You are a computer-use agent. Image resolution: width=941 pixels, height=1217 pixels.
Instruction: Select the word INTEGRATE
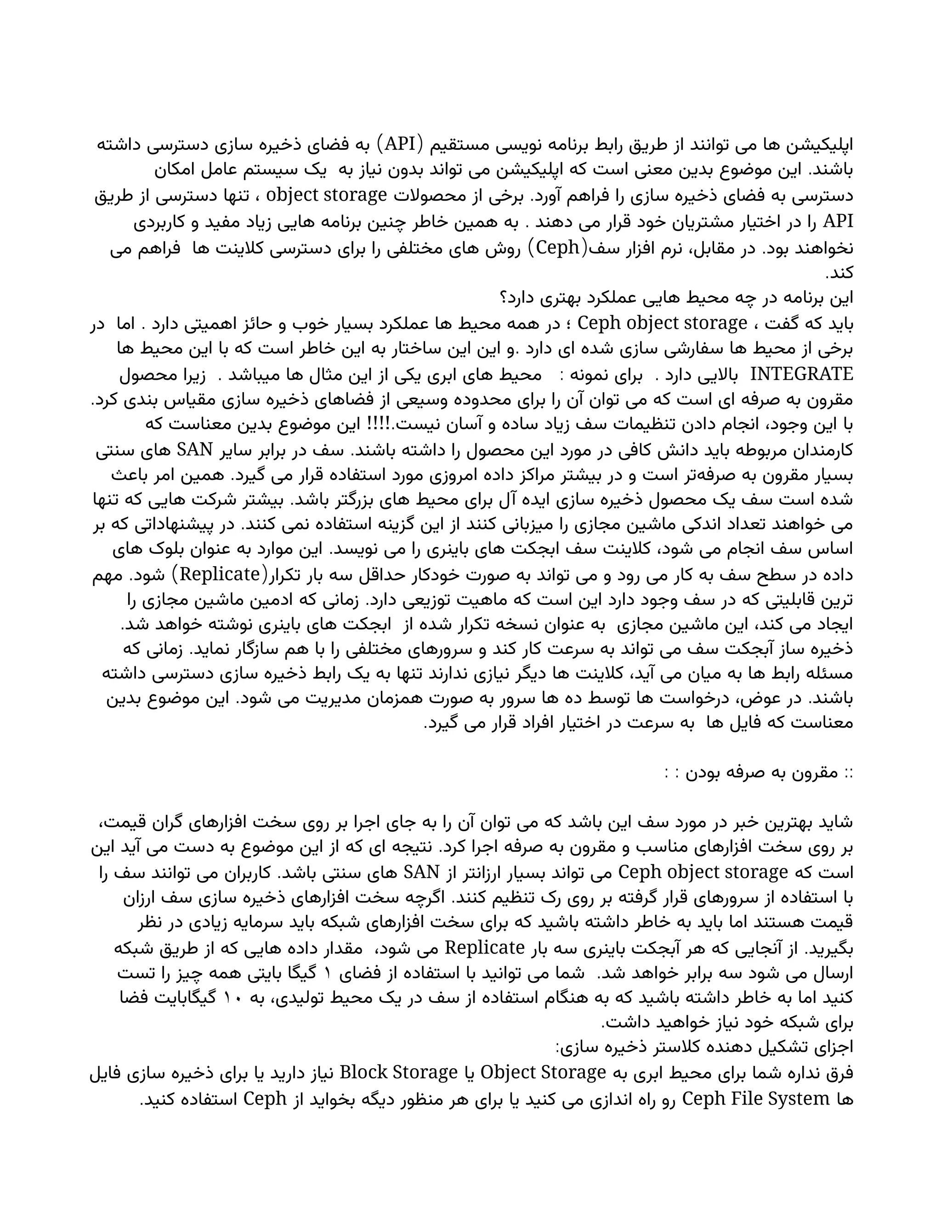pos(802,374)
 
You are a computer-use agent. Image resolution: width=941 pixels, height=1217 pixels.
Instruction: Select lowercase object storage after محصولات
pos(327,196)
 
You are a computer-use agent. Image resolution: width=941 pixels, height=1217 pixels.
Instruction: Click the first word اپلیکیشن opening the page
pos(820,144)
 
